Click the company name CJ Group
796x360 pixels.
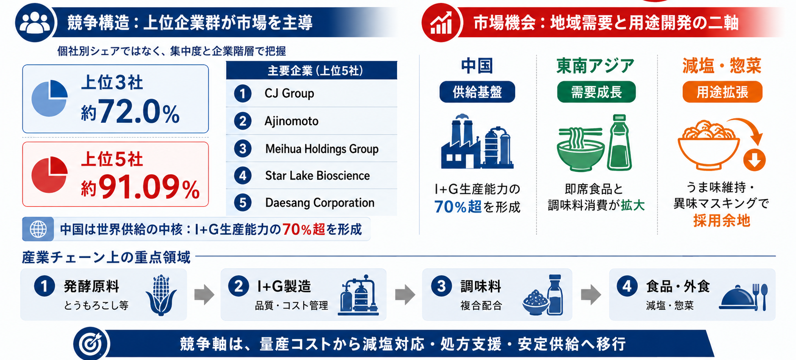289,93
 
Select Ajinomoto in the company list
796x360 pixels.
291,121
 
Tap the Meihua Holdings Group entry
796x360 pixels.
322,149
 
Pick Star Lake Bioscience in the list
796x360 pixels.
318,176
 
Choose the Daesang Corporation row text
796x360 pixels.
320,203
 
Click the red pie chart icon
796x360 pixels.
50,174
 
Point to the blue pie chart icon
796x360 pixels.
50,98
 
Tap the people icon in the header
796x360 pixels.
35,22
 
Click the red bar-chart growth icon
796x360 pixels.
441,23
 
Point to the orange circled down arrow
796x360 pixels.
755,160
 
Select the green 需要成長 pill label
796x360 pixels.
597,92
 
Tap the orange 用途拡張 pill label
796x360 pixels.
722,92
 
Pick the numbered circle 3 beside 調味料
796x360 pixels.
441,286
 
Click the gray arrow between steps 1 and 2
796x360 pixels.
204,294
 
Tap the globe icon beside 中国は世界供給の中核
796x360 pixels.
38,229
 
